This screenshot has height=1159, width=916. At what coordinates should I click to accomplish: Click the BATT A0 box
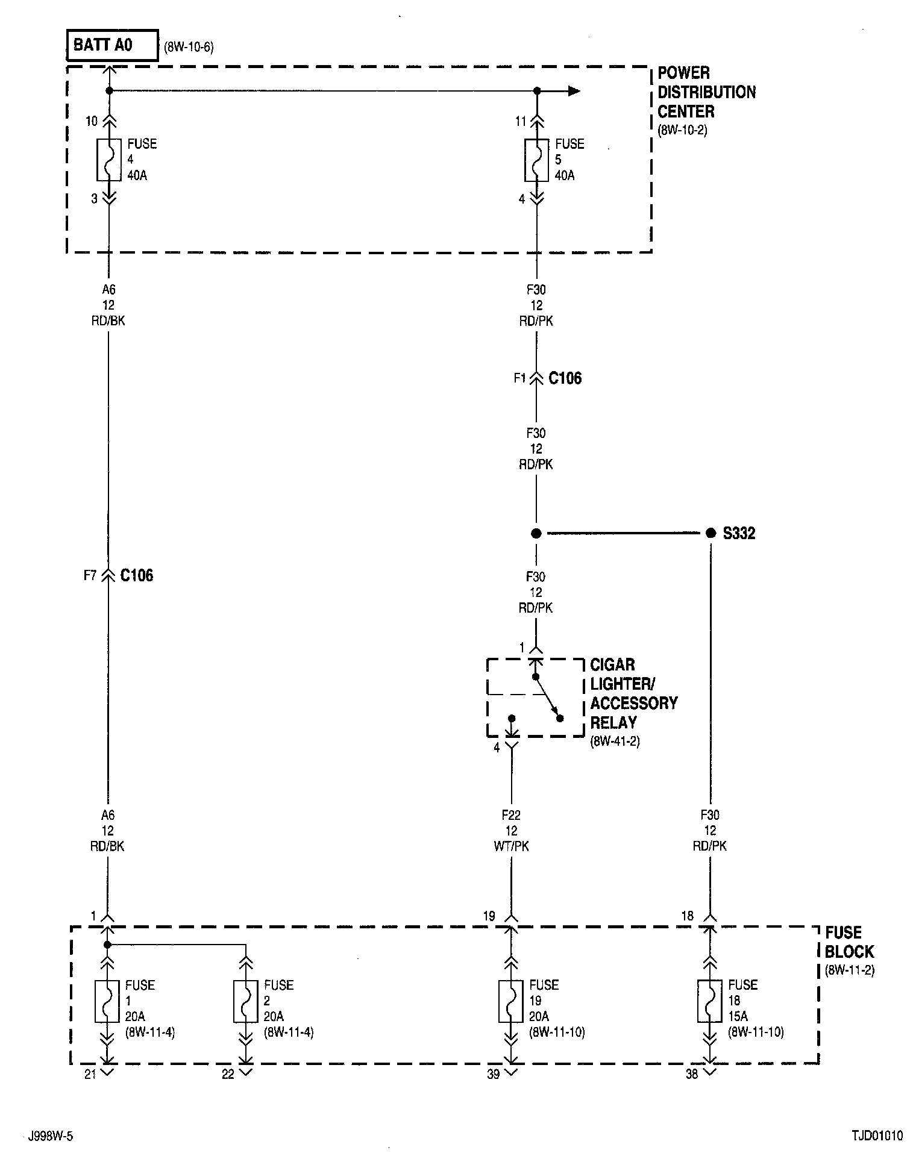(112, 45)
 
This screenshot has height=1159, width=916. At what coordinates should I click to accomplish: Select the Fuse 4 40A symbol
(109, 160)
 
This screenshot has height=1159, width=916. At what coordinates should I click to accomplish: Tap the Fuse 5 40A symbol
(536, 160)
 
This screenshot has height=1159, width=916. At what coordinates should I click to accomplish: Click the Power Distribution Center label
(706, 92)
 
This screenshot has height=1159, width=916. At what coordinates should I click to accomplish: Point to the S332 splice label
(739, 533)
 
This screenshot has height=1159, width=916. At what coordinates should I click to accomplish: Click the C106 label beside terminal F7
(137, 575)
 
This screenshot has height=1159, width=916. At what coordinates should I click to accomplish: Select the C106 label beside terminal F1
(565, 378)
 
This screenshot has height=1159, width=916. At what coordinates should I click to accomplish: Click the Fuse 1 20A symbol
(107, 1001)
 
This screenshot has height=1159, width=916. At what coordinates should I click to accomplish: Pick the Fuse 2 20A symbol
(245, 1001)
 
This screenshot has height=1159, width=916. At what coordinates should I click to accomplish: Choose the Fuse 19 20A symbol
(510, 1001)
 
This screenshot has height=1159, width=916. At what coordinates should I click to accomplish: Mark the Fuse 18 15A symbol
(709, 1001)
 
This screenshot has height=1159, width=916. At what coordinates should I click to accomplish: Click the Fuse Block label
(849, 942)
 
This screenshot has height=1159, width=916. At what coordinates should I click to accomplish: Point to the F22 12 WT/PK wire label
(511, 830)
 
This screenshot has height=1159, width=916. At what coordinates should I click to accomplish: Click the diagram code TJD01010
(877, 1136)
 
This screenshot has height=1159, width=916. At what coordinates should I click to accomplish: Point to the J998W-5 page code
(51, 1136)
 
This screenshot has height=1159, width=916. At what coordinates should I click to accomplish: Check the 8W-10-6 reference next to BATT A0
(189, 47)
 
